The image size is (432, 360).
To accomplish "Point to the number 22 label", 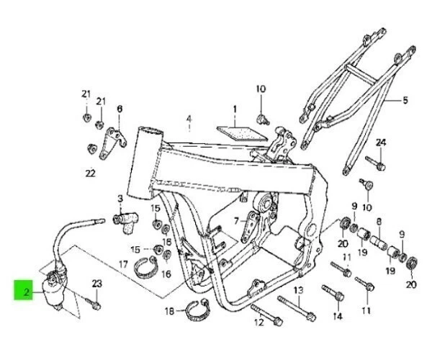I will (90, 173).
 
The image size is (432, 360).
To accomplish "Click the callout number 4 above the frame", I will (189, 119).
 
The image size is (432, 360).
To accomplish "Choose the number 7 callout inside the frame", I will (235, 213).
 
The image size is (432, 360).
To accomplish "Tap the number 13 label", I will (298, 289).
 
